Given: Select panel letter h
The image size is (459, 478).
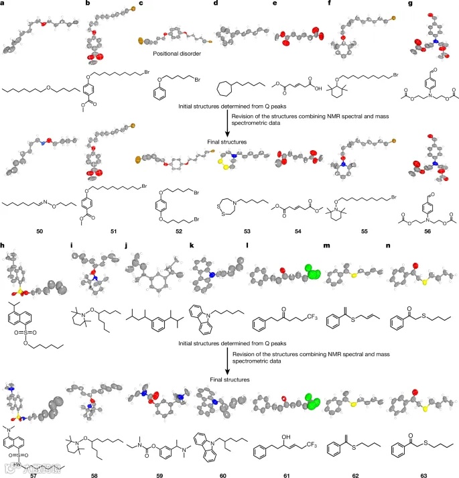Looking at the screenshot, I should (x=4, y=243).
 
